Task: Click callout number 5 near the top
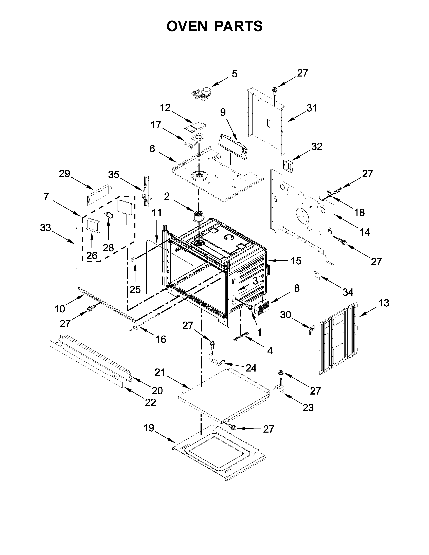click(x=234, y=74)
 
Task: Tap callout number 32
click(x=317, y=147)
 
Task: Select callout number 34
click(x=348, y=292)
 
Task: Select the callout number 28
click(x=108, y=248)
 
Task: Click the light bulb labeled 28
click(x=110, y=215)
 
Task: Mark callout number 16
click(x=161, y=339)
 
